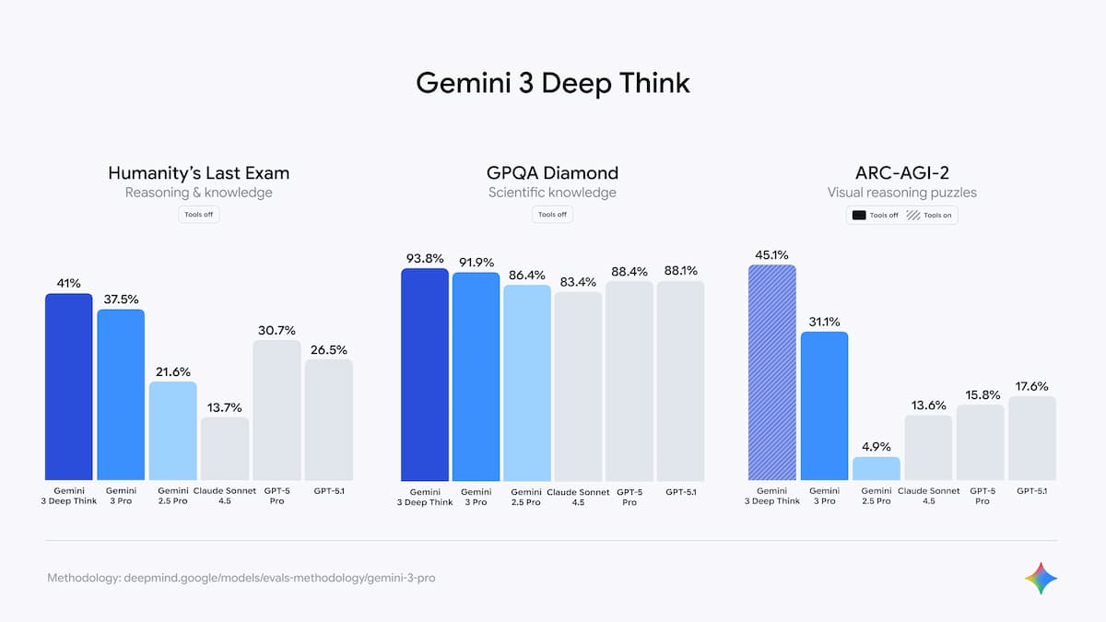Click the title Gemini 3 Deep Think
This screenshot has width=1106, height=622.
point(552,83)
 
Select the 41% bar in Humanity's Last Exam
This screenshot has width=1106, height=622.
point(69,387)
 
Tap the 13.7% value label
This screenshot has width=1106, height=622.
point(224,407)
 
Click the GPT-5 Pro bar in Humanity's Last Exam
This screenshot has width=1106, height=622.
point(276,410)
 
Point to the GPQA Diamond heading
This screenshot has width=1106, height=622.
point(552,172)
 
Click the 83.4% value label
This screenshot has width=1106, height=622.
point(578,281)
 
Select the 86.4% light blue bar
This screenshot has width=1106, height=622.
point(527,382)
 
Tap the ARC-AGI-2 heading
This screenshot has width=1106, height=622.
point(901,172)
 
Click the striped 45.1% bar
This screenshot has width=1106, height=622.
point(772,372)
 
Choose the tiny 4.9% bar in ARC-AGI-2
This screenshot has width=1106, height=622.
point(876,469)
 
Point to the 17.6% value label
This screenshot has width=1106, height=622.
point(1031,386)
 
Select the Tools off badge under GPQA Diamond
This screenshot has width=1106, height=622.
point(552,215)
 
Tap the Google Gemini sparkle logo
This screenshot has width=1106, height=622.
point(1041,579)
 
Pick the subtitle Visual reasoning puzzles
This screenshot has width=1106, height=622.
point(901,193)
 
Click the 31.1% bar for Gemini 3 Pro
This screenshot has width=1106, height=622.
point(824,405)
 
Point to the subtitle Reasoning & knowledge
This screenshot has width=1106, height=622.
point(199,193)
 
